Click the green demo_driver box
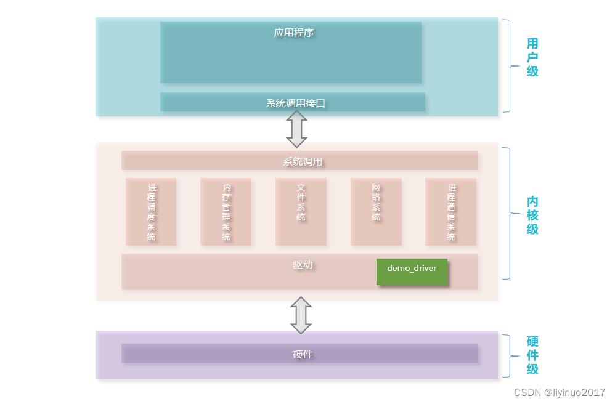(412, 272)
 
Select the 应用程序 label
(294, 33)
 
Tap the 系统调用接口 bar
(293, 103)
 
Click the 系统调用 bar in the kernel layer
(299, 161)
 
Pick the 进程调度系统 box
(151, 212)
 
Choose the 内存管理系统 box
(226, 212)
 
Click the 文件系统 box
(301, 212)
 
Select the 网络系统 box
(376, 212)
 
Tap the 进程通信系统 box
(451, 212)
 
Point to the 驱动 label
(303, 265)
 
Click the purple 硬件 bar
(299, 353)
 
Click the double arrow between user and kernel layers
(297, 129)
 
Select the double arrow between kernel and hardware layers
(301, 315)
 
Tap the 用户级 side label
(532, 57)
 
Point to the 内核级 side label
(532, 215)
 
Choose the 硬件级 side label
(532, 355)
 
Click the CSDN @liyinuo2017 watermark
(559, 392)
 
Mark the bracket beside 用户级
(509, 66)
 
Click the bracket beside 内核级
(509, 213)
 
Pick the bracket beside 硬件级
(509, 356)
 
